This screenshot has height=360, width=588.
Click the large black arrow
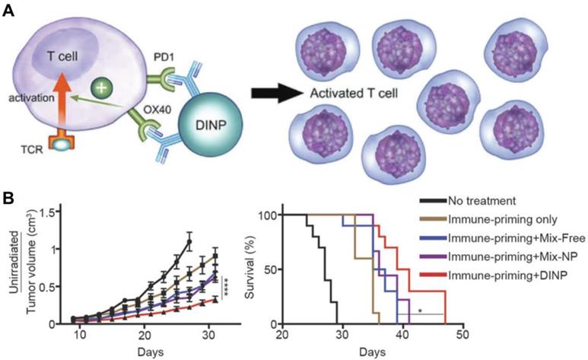coord(276,96)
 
